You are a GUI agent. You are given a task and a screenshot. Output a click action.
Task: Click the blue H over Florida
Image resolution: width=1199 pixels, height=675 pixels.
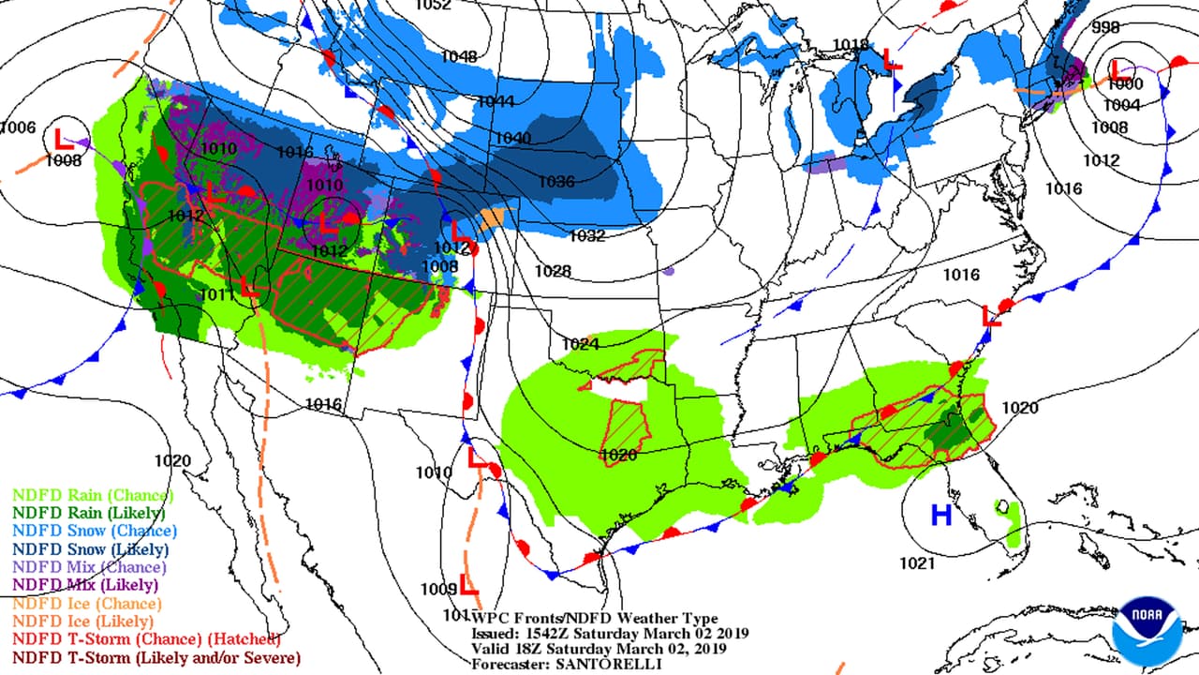940,515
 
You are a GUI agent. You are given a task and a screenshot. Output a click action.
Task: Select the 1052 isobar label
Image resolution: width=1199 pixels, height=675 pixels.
433,5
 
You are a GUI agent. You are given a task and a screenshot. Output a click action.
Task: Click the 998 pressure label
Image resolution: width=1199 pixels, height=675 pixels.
1105,26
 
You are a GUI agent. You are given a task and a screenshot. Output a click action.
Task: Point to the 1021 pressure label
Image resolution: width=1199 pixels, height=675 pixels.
917,562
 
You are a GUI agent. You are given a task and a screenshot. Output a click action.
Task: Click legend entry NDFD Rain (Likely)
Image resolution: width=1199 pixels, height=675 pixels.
88,513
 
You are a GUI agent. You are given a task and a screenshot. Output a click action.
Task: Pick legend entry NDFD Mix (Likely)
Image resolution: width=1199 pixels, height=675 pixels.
85,585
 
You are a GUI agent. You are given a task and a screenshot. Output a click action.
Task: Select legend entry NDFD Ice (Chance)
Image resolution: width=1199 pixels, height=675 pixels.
87,603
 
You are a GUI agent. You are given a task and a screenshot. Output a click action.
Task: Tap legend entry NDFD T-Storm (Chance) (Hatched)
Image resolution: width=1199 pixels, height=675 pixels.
146,639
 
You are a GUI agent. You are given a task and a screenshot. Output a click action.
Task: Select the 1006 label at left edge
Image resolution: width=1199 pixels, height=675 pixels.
17,127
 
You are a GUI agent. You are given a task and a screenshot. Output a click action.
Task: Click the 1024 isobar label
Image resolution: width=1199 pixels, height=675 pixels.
580,344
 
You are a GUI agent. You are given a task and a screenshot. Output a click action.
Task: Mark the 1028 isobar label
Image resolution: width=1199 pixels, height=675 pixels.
553,271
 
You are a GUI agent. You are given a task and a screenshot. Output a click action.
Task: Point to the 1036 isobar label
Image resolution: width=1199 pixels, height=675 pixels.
556,182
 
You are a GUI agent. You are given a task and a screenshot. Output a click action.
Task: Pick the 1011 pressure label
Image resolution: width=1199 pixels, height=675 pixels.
215,295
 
